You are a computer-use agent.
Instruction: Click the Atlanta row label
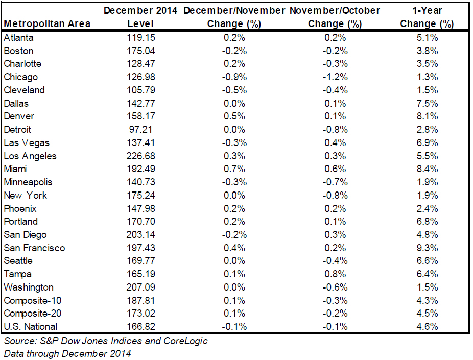[x=19, y=38]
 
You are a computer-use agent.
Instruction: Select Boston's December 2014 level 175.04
[x=141, y=51]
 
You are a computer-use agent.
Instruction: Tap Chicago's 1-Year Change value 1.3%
[x=427, y=77]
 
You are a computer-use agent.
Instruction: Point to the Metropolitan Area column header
[x=47, y=24]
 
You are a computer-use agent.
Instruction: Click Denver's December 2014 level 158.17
[x=141, y=116]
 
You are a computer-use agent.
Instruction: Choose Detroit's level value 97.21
[x=141, y=130]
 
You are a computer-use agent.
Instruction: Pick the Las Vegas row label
[x=27, y=143]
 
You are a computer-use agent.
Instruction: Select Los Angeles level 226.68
[x=141, y=156]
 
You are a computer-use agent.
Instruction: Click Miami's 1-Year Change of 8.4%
[x=427, y=169]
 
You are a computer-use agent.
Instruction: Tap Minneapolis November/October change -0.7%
[x=335, y=182]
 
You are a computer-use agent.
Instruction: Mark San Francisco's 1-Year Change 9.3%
[x=427, y=248]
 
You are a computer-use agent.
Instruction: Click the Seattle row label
[x=18, y=261]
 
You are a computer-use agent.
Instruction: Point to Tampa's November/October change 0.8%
[x=335, y=274]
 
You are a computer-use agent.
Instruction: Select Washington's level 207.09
[x=141, y=287]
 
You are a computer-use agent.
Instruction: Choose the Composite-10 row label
[x=33, y=301]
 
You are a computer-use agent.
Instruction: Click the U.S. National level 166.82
[x=141, y=326]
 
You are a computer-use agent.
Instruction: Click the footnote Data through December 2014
[x=67, y=353]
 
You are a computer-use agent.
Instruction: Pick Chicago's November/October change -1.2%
[x=335, y=77]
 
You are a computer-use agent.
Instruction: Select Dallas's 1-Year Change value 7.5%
[x=427, y=104]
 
